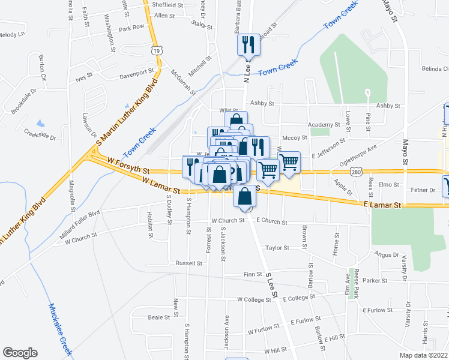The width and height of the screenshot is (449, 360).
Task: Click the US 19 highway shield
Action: [x=156, y=52]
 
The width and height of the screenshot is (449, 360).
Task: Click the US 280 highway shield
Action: [x=357, y=172]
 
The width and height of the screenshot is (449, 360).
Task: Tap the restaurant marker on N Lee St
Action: [x=247, y=44]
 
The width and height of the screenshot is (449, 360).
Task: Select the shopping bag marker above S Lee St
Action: [x=245, y=196]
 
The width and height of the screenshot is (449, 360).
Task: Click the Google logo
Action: [x=20, y=353]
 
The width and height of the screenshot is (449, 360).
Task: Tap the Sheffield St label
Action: [x=167, y=5]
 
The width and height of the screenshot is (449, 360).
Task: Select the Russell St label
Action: [x=189, y=263]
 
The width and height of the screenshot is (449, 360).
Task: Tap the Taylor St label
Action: [x=278, y=247]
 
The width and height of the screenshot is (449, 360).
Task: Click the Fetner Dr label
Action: [x=423, y=190]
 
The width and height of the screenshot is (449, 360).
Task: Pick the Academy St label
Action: [x=324, y=125]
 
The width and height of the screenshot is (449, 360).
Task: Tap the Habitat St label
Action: [x=149, y=227]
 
